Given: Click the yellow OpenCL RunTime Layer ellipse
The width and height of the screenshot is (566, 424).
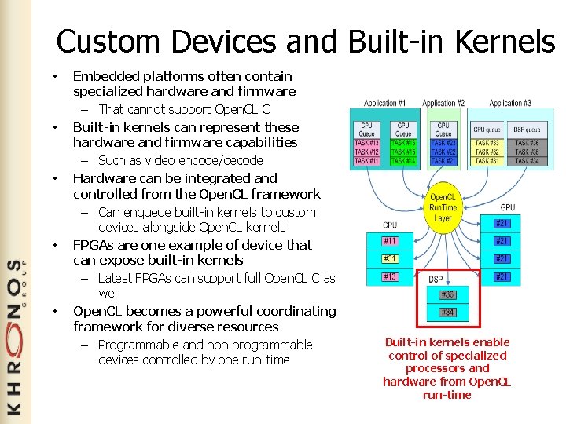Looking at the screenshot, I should click(443, 207).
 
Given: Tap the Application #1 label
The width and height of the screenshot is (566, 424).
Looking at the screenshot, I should click(385, 103).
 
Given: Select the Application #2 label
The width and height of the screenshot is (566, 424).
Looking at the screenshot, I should click(443, 103).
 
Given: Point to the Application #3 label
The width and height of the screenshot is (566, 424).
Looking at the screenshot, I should click(509, 103).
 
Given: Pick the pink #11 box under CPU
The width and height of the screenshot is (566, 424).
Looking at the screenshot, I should click(390, 241).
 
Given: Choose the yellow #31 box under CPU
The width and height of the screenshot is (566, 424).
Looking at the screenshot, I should click(390, 258).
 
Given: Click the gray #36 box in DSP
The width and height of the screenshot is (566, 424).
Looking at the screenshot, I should click(447, 294).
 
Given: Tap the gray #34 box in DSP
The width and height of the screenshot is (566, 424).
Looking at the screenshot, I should click(447, 313).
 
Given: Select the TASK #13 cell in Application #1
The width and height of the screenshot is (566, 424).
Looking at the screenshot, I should click(367, 143).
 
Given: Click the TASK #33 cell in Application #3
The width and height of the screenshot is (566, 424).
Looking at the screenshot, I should click(487, 143).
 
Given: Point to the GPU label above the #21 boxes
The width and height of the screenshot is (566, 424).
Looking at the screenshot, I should click(508, 207).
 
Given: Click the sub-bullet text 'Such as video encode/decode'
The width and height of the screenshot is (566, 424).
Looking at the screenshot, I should click(180, 160).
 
